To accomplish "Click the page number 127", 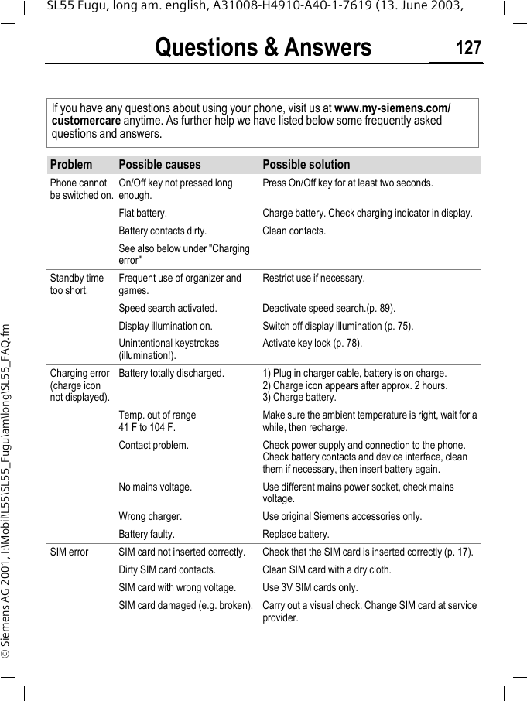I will pyautogui.click(x=468, y=48).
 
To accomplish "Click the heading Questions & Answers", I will pyautogui.click(x=263, y=48).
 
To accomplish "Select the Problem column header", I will pyautogui.click(x=71, y=165).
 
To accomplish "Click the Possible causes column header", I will pyautogui.click(x=159, y=165).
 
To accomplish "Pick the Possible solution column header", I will pyautogui.click(x=306, y=165).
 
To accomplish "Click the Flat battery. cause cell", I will pyautogui.click(x=142, y=213).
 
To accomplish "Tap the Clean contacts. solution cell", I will pyautogui.click(x=294, y=231).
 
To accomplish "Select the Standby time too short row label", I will pyautogui.click(x=77, y=284).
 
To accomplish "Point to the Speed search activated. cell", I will pyautogui.click(x=168, y=308).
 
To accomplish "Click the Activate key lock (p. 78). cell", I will pyautogui.click(x=312, y=343).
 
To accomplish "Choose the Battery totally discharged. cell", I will pyautogui.click(x=172, y=373).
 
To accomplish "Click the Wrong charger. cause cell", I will pyautogui.click(x=150, y=516).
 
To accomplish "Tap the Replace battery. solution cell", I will pyautogui.click(x=296, y=534).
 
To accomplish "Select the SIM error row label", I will pyautogui.click(x=69, y=552).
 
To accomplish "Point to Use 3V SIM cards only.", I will pyautogui.click(x=310, y=587).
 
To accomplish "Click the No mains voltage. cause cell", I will pyautogui.click(x=156, y=487).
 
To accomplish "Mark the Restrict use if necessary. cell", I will pyautogui.click(x=313, y=278).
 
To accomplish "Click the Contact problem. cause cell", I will pyautogui.click(x=153, y=445).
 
